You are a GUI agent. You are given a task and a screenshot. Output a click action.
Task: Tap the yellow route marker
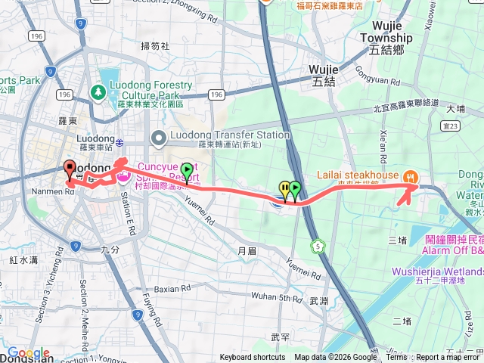click(284, 188)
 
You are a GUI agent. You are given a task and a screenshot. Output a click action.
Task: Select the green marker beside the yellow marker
click(295, 188)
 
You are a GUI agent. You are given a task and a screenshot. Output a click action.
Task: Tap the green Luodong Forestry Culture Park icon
click(98, 92)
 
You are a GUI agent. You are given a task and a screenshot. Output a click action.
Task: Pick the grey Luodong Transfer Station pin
click(159, 136)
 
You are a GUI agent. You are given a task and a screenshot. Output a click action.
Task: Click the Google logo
click(29, 353)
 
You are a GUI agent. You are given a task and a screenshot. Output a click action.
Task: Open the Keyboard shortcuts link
click(253, 358)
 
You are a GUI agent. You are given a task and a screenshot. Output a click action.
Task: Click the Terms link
click(396, 358)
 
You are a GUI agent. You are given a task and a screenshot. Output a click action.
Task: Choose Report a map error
click(449, 358)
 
